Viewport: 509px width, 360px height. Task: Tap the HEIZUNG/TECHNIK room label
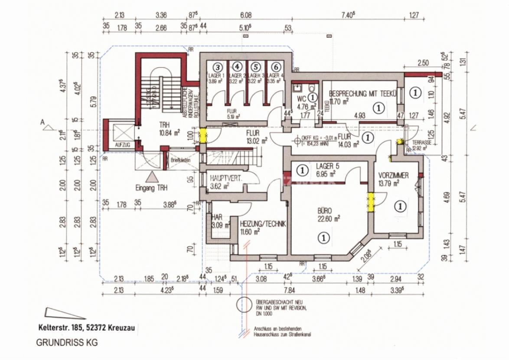[x=263, y=224]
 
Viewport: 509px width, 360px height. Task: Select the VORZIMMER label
[x=393, y=175]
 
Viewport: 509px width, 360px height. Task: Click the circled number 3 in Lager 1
[x=218, y=67]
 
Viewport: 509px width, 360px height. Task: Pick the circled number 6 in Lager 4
[x=275, y=67]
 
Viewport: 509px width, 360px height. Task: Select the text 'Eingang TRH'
[x=151, y=188]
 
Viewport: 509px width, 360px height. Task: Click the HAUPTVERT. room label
[x=225, y=178]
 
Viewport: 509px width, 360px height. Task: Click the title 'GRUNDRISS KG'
[x=66, y=342]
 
